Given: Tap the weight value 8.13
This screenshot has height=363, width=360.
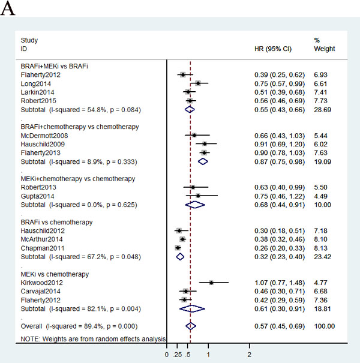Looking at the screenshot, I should tap(321, 248).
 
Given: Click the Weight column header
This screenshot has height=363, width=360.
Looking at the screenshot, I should tap(325, 49).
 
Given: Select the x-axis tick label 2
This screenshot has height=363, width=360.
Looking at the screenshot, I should tap(250, 355).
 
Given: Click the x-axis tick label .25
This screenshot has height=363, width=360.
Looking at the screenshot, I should tap(177, 355).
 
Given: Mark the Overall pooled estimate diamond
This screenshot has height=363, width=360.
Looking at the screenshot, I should tap(191, 326).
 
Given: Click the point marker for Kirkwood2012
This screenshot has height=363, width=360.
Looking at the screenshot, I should tap(211, 283).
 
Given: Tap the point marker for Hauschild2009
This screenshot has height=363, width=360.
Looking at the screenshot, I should tap(205, 144).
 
